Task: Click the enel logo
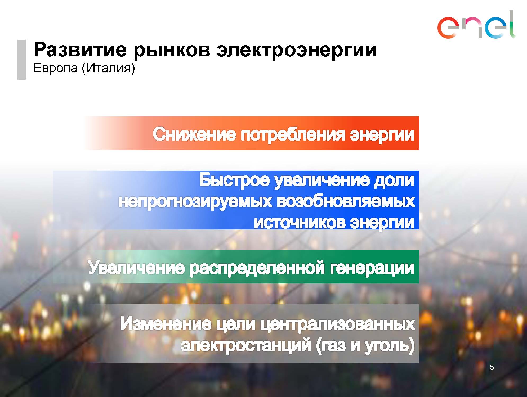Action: coord(476,25)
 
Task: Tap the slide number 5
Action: coord(492,367)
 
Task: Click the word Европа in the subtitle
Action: coord(56,68)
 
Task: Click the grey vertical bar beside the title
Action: coord(22,60)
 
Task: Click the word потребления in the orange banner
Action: coord(293,135)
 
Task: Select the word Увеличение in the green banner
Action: coord(136,268)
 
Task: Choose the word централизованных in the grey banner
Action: coord(338,324)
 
